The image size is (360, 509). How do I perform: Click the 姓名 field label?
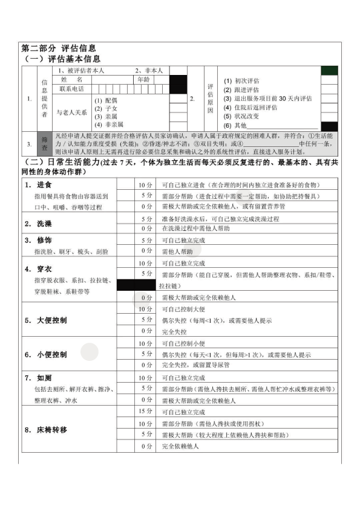coord(71,79)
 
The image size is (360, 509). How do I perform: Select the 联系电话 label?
coord(71,88)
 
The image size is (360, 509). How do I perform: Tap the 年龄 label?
coord(143,79)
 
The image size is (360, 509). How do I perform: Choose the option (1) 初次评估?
coord(241,80)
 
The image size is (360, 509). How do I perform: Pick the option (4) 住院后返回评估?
coord(250,108)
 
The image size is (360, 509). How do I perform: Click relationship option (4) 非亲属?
coord(108,124)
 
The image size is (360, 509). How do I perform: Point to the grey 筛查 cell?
coord(44,140)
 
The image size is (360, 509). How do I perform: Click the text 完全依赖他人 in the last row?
coord(180,446)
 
